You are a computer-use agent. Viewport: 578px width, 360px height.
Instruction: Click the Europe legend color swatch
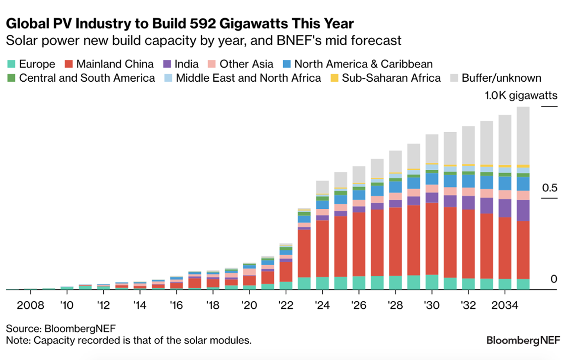[x=11, y=64]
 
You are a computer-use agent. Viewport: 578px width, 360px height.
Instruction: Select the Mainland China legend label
[x=115, y=64]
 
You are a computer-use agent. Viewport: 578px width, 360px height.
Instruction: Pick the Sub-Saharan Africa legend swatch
[x=334, y=78]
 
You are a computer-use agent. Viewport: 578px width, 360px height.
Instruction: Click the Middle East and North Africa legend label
[x=248, y=78]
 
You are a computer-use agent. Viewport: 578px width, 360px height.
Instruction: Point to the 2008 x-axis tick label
[x=30, y=305]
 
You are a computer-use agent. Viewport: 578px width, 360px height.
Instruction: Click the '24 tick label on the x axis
[x=322, y=305]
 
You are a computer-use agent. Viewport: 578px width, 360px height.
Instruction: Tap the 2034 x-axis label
[x=504, y=305]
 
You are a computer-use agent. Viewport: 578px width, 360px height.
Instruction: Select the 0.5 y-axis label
[x=550, y=188]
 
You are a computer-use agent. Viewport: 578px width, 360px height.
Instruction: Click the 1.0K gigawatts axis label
[x=521, y=96]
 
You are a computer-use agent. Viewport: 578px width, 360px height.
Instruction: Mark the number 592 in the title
[x=203, y=24]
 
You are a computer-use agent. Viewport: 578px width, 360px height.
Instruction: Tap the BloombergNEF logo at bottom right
[x=523, y=340]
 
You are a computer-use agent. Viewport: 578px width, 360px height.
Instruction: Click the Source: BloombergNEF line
[x=61, y=329]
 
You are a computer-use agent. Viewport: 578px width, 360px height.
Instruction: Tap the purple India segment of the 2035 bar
[x=523, y=210]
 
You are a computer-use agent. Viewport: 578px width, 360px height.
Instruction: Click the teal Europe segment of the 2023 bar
[x=304, y=283]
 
